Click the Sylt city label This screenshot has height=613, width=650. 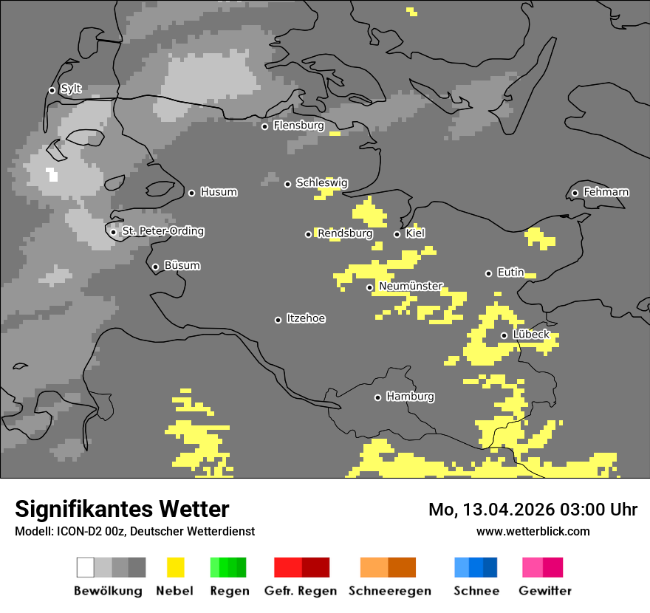71,89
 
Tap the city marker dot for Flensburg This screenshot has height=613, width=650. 264,126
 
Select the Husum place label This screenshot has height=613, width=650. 219,192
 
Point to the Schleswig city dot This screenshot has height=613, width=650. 288,184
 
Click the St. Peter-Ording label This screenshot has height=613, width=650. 162,231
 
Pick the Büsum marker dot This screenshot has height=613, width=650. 155,267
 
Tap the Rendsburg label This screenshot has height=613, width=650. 345,233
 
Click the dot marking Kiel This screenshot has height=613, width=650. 397,234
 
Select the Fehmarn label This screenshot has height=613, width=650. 606,192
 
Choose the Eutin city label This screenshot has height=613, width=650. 510,273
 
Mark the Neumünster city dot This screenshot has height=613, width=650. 370,287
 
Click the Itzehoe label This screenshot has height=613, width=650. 306,318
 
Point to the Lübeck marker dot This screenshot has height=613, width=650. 504,335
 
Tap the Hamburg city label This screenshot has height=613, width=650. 410,397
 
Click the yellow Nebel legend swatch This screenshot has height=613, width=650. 175,567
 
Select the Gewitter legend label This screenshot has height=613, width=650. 544,591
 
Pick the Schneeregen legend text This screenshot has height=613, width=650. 390,591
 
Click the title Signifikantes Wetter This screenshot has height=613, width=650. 122,509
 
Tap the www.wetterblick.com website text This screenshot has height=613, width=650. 533,531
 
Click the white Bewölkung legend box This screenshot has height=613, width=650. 86,567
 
